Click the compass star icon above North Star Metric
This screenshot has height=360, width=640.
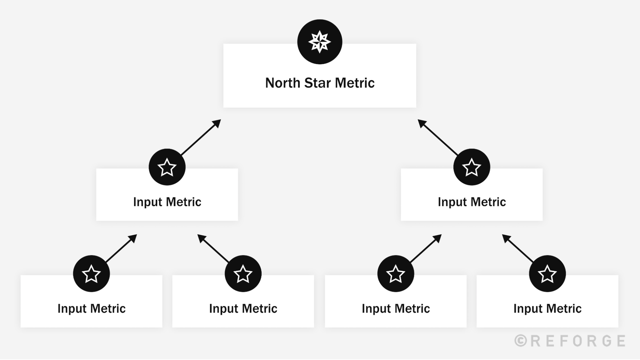[320, 42]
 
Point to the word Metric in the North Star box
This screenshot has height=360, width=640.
[354, 83]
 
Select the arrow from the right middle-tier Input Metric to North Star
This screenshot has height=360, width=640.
[438, 137]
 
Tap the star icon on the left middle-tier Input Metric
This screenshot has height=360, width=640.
[167, 167]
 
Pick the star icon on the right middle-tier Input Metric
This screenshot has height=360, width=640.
[471, 167]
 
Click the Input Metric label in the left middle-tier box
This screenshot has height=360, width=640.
[167, 202]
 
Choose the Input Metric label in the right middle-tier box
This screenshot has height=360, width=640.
[471, 202]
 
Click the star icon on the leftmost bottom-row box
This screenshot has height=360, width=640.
[91, 274]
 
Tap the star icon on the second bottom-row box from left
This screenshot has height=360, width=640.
[243, 274]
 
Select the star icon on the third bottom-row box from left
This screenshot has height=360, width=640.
[395, 274]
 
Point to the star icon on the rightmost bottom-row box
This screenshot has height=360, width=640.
[547, 274]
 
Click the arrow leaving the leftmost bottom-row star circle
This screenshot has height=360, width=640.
[121, 248]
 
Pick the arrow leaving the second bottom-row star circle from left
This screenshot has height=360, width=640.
[213, 248]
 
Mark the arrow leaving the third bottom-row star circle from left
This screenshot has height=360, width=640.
[426, 248]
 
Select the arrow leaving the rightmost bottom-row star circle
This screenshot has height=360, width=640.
[518, 248]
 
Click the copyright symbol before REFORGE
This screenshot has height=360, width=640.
[521, 340]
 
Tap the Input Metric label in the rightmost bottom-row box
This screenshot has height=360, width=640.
[547, 308]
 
